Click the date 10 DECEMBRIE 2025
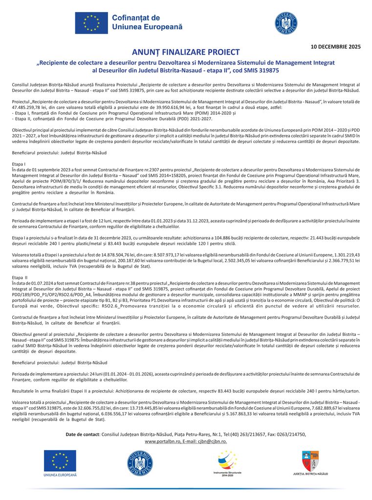[336, 47]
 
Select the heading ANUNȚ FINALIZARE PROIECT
[186, 52]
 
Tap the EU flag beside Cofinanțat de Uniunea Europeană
[91, 22]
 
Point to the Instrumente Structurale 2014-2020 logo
[228, 462]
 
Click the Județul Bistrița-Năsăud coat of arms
[310, 460]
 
